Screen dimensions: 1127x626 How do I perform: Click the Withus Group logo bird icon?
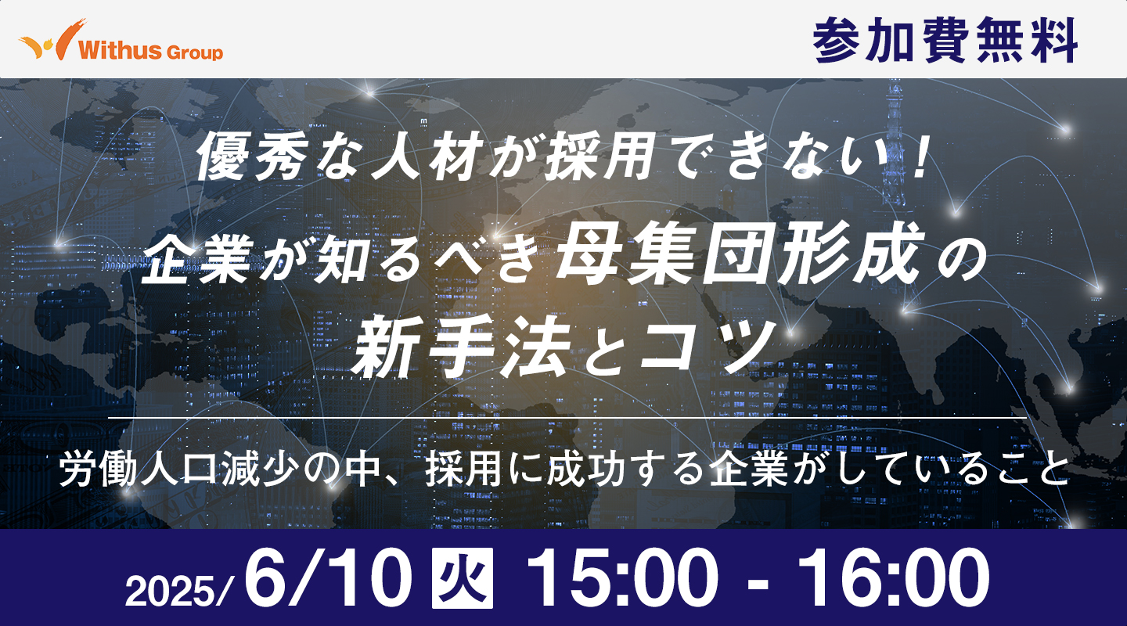(x=53, y=39)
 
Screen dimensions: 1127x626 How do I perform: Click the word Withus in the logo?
(x=120, y=50)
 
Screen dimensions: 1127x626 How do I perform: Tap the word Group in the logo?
(x=194, y=52)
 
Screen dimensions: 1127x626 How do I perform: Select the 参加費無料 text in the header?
(x=945, y=40)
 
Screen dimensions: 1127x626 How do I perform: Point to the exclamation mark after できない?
(x=918, y=156)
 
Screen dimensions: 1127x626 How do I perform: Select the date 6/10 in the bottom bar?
(x=328, y=577)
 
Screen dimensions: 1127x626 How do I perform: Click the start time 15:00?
(x=621, y=577)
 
